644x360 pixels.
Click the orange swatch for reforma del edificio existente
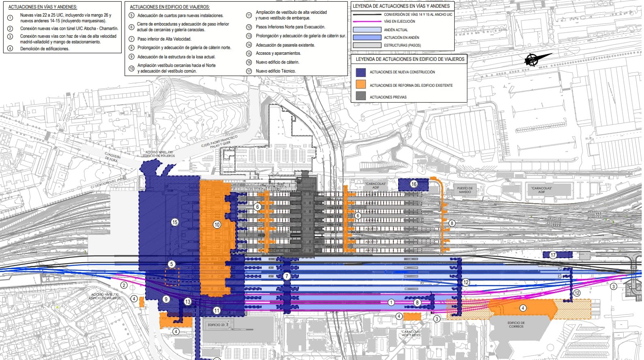[361, 84]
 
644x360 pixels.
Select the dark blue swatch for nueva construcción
[361, 72]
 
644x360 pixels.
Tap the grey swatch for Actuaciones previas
[361, 96]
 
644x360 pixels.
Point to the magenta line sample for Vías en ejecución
[367, 21]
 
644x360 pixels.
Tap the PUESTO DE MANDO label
[465, 190]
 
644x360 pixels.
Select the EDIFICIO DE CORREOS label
[516, 324]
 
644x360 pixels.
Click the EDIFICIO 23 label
[217, 325]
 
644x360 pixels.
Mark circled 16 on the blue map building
[414, 184]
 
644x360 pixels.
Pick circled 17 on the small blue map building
[553, 255]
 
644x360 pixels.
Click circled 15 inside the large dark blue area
[175, 222]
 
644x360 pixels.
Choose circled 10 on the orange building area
[217, 225]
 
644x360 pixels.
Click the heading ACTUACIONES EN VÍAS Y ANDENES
[43, 7]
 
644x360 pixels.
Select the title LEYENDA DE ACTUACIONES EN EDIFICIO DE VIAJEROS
[410, 59]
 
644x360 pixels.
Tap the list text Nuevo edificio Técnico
[276, 71]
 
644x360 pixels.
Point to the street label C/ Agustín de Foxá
[112, 157]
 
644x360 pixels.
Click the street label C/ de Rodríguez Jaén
[107, 183]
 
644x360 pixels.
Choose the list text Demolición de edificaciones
[45, 49]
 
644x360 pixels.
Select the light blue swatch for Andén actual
[367, 30]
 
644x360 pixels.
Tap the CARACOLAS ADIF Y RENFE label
[411, 333]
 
